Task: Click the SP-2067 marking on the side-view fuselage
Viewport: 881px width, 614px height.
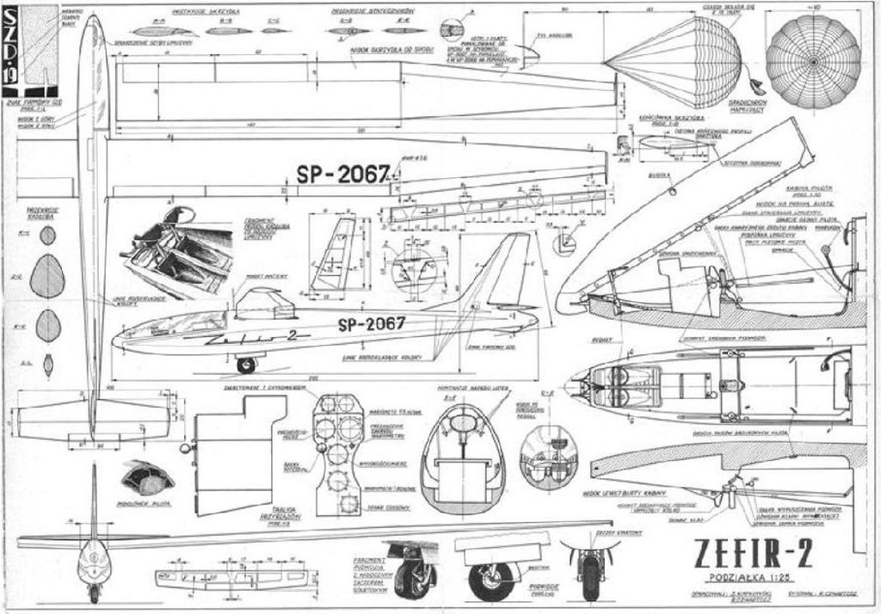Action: pyautogui.click(x=371, y=324)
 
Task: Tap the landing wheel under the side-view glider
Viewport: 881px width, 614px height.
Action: pyautogui.click(x=246, y=365)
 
